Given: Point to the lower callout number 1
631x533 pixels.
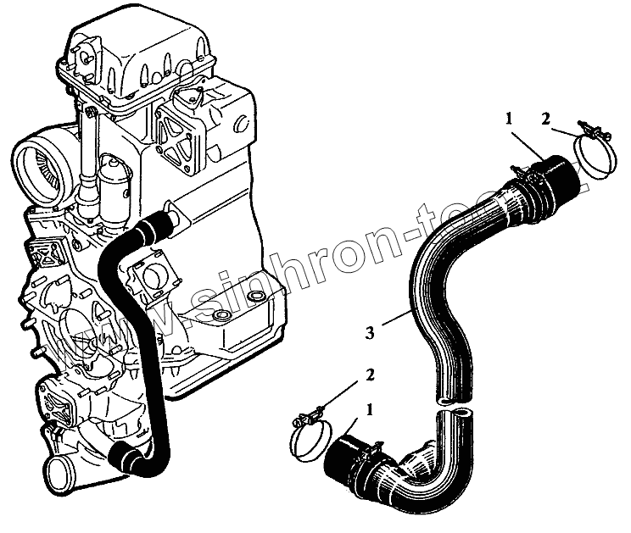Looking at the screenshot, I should pyautogui.click(x=369, y=409).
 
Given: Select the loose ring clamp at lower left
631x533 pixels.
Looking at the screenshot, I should pyautogui.click(x=309, y=436).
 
